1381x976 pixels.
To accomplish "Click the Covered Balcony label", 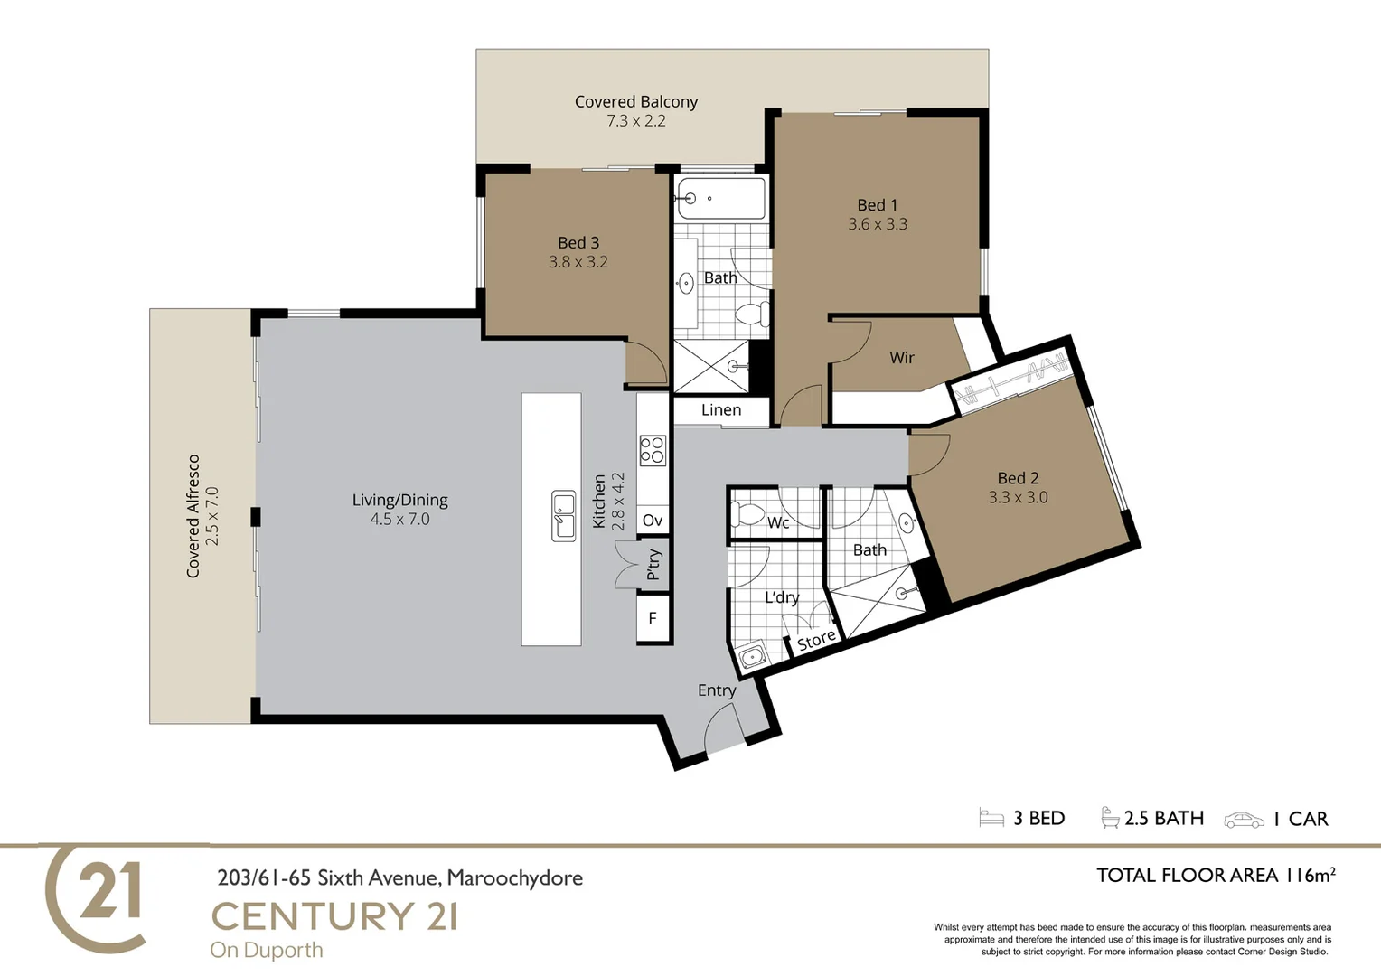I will click(x=636, y=102).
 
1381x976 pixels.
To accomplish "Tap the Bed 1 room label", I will click(x=877, y=205).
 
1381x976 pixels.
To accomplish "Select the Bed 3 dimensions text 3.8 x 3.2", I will click(x=578, y=262).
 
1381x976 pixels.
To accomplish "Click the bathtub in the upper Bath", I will click(x=720, y=198).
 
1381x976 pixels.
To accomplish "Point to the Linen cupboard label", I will click(x=720, y=410).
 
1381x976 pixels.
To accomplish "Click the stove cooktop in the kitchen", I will click(x=653, y=450).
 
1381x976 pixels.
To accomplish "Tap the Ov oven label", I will click(x=653, y=521).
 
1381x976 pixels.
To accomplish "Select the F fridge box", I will click(x=653, y=619).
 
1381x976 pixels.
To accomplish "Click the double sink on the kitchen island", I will click(x=564, y=516).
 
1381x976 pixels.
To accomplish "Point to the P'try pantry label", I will click(x=653, y=565).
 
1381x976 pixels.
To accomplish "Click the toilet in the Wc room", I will click(x=748, y=515).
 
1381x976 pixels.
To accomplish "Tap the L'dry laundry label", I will click(x=782, y=597).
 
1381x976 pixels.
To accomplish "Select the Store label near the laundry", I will click(x=815, y=640).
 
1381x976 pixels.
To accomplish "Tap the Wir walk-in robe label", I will click(x=901, y=358).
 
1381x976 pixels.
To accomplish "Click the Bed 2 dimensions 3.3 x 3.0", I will click(x=1018, y=497).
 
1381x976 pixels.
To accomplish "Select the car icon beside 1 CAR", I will click(x=1244, y=820).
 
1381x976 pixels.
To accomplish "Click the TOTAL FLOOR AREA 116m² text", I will click(x=1215, y=875).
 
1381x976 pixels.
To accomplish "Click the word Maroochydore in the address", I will click(x=514, y=877).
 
